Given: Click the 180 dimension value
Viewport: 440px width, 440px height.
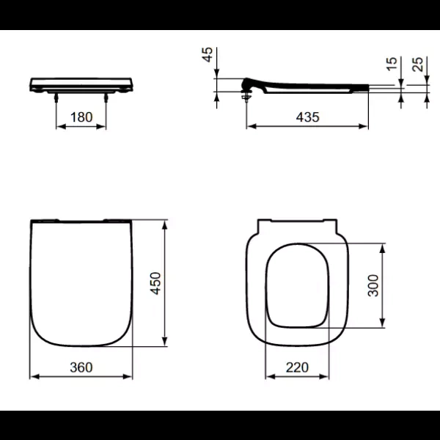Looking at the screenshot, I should [81, 117].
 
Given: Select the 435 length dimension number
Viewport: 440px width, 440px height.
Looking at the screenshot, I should [307, 117].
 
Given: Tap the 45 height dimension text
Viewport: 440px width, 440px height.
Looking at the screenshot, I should [208, 55].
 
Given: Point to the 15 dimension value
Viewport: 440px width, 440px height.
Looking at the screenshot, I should [391, 65].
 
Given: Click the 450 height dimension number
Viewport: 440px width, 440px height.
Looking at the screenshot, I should [155, 282].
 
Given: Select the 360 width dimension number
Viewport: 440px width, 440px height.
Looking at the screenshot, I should [81, 367].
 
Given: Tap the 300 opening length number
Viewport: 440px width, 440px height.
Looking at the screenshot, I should [373, 285].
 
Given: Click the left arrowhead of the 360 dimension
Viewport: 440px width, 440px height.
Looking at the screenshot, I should [33, 378].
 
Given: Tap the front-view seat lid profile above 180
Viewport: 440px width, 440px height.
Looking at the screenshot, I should [81, 83].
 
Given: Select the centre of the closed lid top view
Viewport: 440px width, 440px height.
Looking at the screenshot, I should [81, 282].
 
